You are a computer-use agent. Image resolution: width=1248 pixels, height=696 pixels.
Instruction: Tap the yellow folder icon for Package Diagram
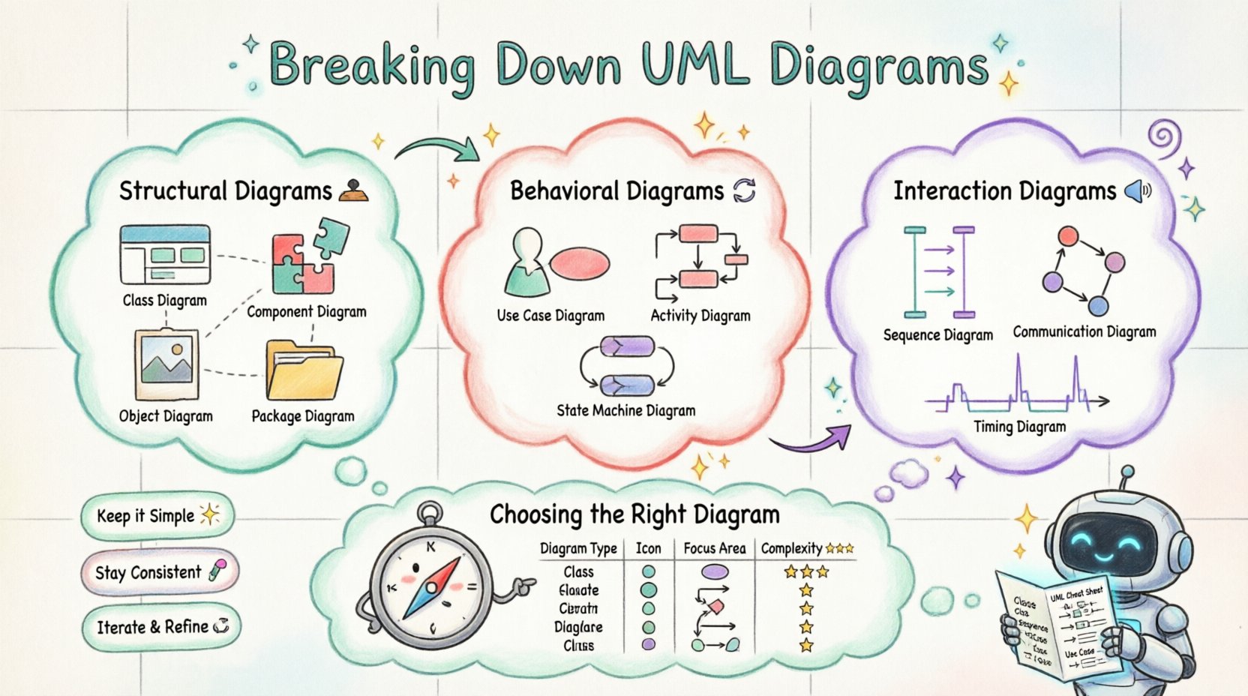pyautogui.click(x=303, y=372)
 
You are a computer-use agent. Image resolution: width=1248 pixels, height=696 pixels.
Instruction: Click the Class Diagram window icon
pyautogui.click(x=165, y=255)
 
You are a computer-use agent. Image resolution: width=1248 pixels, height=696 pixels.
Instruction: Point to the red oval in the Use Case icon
pyautogui.click(x=580, y=263)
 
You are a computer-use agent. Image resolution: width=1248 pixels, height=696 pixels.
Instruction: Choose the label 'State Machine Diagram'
pyautogui.click(x=625, y=410)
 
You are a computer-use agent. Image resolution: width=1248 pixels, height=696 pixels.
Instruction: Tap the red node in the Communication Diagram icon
pyautogui.click(x=1067, y=238)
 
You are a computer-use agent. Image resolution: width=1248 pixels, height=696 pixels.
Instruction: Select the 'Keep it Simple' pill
pyautogui.click(x=157, y=516)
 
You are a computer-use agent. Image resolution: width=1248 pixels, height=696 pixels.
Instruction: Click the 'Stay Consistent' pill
pyautogui.click(x=159, y=572)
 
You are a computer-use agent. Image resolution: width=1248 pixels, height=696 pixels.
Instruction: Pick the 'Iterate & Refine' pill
pyautogui.click(x=161, y=626)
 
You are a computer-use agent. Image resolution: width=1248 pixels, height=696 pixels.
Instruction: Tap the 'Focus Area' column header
pyautogui.click(x=714, y=548)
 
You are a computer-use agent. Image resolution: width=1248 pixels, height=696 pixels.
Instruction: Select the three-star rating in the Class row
pyautogui.click(x=806, y=571)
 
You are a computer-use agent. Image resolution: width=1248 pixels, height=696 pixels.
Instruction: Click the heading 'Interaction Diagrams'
pyautogui.click(x=1004, y=191)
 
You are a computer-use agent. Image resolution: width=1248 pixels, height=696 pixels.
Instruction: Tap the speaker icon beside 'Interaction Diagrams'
pyautogui.click(x=1138, y=192)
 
